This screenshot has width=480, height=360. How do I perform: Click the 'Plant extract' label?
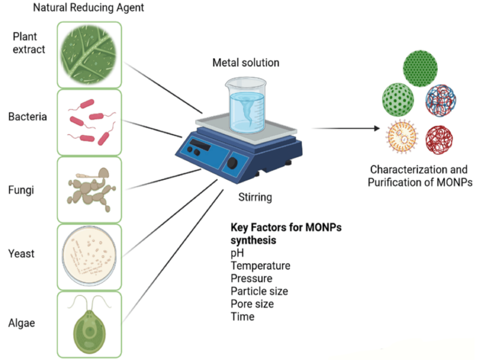29,44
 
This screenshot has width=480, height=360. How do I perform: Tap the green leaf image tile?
89,55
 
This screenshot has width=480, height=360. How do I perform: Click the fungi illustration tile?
89,190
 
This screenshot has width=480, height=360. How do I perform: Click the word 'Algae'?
22,323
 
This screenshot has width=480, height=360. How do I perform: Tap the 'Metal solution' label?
246,62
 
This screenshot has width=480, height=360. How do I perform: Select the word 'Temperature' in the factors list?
260,265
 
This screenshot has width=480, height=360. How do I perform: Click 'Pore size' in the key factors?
252,304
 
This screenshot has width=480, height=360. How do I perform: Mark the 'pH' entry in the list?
238,253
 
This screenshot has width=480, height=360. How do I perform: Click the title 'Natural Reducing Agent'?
88,8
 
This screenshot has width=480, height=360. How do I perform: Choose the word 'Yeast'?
22,254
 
